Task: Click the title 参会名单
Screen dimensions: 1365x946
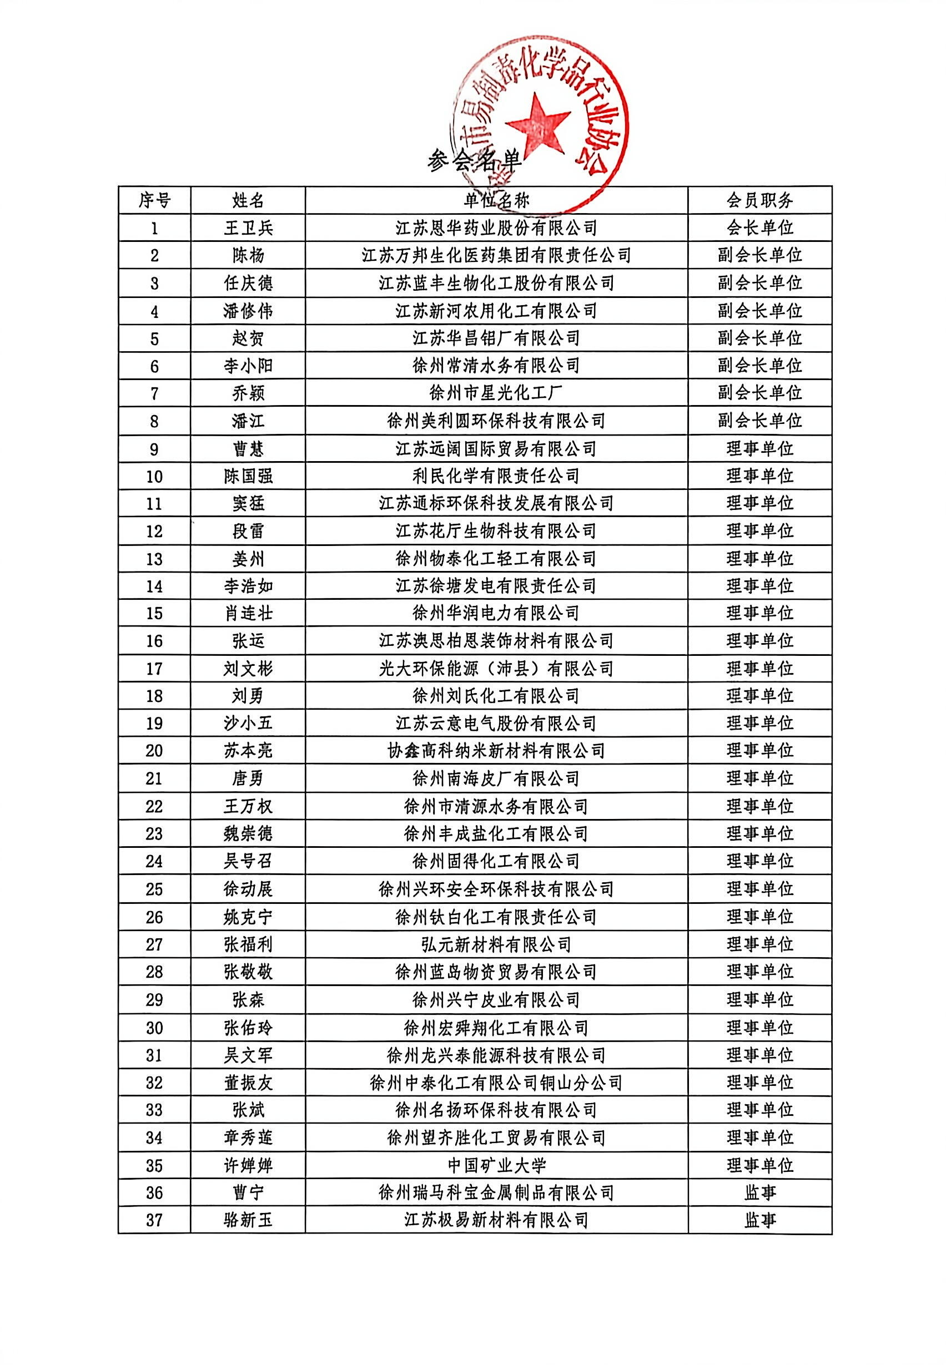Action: click(474, 160)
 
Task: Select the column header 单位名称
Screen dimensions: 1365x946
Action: click(496, 200)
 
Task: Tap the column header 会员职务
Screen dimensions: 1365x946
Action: click(760, 200)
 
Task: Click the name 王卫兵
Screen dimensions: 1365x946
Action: click(248, 228)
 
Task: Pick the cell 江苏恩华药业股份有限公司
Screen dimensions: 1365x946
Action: click(496, 228)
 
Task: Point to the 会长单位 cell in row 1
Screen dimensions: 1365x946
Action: click(760, 228)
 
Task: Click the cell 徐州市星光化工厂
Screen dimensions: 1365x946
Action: click(496, 393)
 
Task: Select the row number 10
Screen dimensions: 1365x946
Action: click(154, 476)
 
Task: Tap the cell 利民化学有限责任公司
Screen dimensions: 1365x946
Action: click(496, 476)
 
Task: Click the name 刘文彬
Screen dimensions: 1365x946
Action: click(248, 669)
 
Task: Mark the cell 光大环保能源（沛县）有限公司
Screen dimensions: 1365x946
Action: click(496, 669)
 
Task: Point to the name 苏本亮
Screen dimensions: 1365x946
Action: click(248, 751)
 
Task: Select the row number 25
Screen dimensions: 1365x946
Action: click(154, 889)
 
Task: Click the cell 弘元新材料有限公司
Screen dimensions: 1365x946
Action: click(496, 944)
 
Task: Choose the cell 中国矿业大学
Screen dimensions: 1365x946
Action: click(496, 1165)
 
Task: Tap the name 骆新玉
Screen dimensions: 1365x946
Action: click(248, 1220)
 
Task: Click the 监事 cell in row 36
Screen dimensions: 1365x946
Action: click(760, 1192)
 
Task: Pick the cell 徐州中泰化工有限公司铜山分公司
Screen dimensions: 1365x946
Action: click(496, 1083)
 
